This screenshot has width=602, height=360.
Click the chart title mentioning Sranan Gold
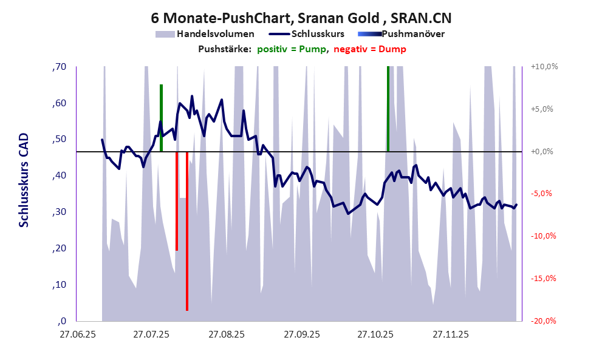301,16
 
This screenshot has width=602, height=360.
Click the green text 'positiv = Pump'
291,49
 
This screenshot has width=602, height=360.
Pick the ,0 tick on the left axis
61,321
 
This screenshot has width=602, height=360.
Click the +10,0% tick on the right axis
544,67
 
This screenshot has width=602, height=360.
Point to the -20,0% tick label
544,321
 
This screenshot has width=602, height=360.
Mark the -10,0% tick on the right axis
544,236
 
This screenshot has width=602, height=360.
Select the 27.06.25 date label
77,335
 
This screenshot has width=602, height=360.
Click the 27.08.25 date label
226,335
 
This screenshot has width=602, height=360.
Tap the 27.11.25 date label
450,335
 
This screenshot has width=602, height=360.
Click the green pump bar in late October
388,109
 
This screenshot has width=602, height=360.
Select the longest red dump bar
187,231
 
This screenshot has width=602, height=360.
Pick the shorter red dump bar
177,200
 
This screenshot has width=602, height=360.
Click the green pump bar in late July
161,118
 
